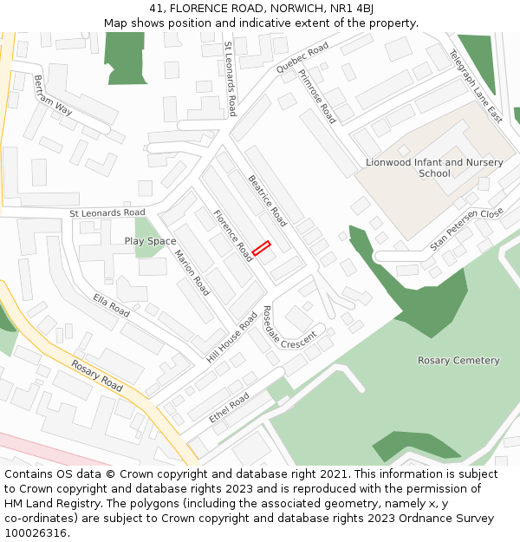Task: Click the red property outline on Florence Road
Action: pyautogui.click(x=262, y=249)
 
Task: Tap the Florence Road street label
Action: pyautogui.click(x=233, y=235)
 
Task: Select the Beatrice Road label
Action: pyautogui.click(x=267, y=200)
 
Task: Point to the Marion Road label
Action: pyautogui.click(x=192, y=272)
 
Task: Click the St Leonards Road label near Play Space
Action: pyautogui.click(x=107, y=212)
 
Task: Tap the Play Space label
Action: pyautogui.click(x=150, y=241)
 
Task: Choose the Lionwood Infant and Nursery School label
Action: pyautogui.click(x=434, y=167)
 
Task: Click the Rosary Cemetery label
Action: pyautogui.click(x=458, y=360)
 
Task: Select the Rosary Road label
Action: pyautogui.click(x=97, y=375)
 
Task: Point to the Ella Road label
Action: pyautogui.click(x=111, y=305)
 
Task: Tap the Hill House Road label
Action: pyautogui.click(x=232, y=338)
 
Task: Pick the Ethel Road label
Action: pyautogui.click(x=229, y=408)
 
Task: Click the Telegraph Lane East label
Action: pyautogui.click(x=475, y=86)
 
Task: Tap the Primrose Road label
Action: pyautogui.click(x=316, y=97)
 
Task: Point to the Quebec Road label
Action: pyautogui.click(x=302, y=56)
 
